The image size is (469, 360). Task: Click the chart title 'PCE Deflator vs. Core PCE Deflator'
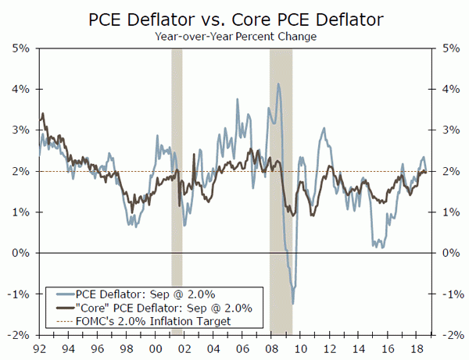pyautogui.click(x=234, y=17)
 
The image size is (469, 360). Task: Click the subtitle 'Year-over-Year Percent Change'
pyautogui.click(x=234, y=34)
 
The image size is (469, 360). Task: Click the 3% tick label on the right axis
pyautogui.click(x=449, y=130)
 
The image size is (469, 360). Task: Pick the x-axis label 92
pyautogui.click(x=39, y=348)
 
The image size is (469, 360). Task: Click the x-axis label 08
pyautogui.click(x=270, y=348)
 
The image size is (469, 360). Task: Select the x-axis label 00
pyautogui.click(x=155, y=348)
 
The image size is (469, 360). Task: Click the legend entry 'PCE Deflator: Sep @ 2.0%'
pyautogui.click(x=144, y=294)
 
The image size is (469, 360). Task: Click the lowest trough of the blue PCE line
pyautogui.click(x=293, y=303)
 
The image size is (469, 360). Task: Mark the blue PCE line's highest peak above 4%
pyautogui.click(x=278, y=84)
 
